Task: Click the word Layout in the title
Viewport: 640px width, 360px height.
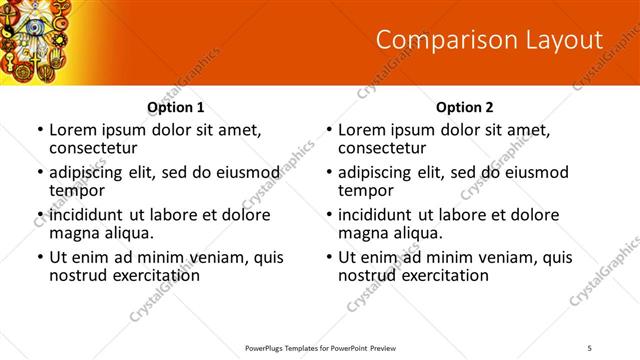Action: click(557, 40)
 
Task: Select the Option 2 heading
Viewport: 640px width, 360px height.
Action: click(464, 107)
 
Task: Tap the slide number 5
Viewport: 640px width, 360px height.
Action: click(590, 347)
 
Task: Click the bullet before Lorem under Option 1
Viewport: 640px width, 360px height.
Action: click(39, 130)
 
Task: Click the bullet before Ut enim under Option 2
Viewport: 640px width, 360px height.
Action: click(328, 257)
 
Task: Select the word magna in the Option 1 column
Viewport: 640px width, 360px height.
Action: click(73, 233)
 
